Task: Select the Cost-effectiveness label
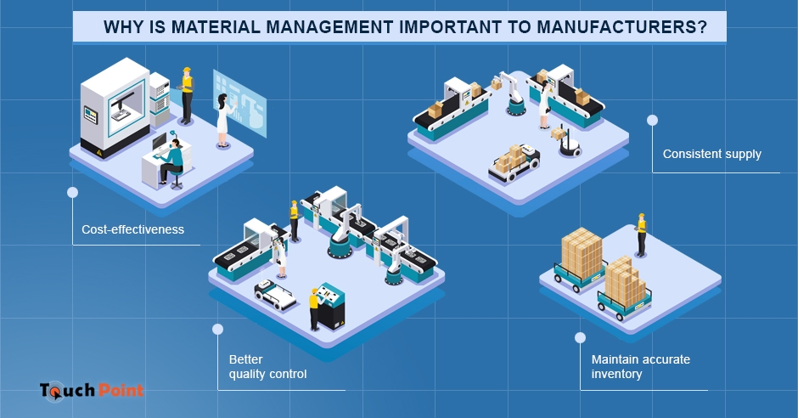(132, 229)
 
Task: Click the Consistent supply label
(711, 155)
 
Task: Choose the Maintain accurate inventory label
(640, 366)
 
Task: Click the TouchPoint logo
(92, 390)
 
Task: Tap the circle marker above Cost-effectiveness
(72, 192)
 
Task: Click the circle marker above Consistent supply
(652, 121)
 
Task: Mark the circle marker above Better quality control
(218, 328)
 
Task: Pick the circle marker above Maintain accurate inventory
(581, 337)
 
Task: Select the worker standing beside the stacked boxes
(642, 234)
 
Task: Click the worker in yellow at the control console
(314, 307)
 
